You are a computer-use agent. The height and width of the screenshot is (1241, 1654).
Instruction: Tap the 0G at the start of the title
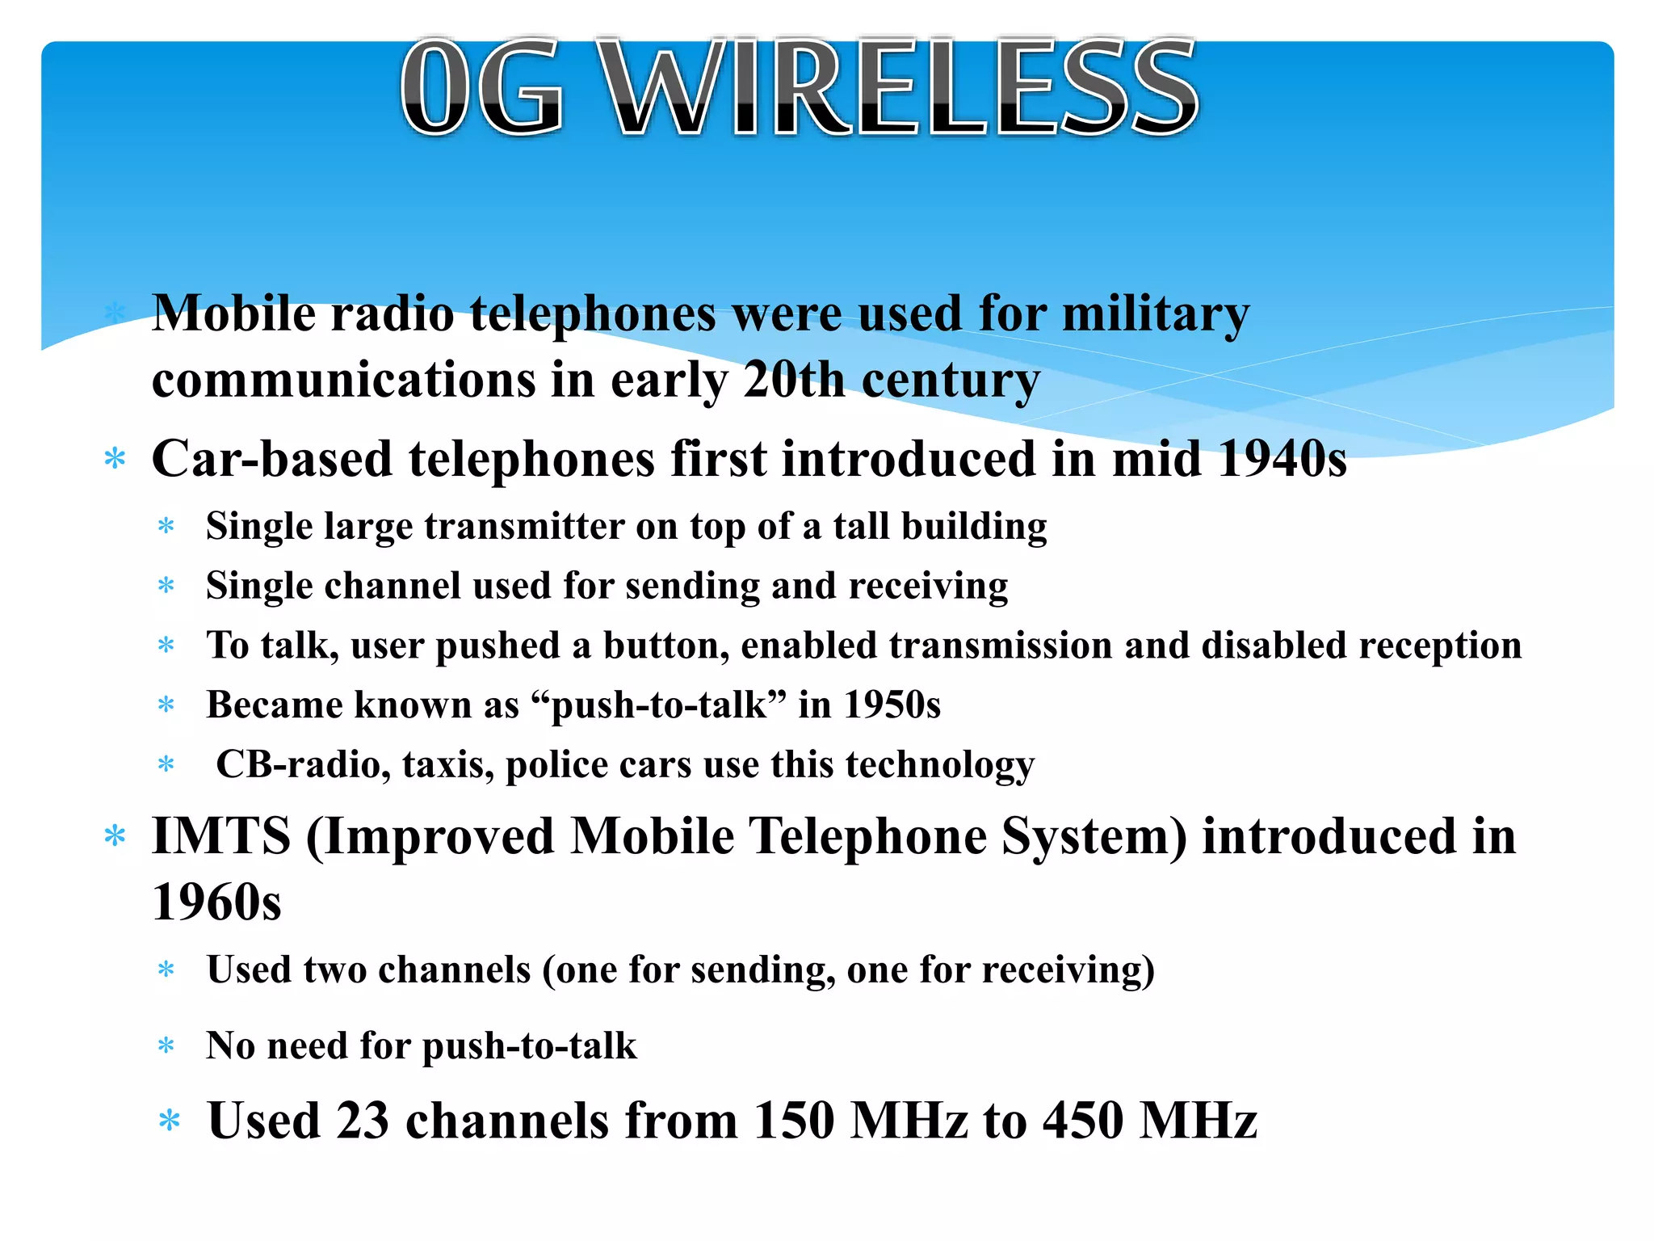[x=482, y=87]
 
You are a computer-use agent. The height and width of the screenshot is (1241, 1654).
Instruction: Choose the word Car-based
[x=272, y=459]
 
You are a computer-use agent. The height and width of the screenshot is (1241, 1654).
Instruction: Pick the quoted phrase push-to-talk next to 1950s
[x=658, y=705]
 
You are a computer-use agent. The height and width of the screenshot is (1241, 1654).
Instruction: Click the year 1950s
[x=892, y=705]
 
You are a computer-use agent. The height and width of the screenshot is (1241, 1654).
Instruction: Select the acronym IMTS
[x=220, y=835]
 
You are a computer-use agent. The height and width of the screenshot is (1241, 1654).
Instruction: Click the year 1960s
[x=216, y=902]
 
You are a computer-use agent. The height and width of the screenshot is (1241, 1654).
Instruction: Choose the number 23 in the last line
[x=363, y=1121]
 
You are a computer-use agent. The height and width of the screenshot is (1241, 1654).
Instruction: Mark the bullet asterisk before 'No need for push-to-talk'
[x=166, y=1046]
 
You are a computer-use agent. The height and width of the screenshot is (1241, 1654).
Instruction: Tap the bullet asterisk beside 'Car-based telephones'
[x=115, y=459]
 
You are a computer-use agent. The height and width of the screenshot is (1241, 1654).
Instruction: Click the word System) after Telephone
[x=1094, y=835]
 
